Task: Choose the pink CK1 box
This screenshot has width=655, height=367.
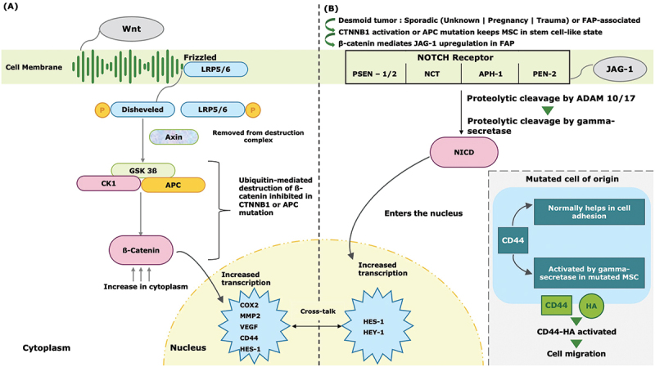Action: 107,185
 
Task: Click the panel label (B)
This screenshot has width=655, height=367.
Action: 331,10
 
